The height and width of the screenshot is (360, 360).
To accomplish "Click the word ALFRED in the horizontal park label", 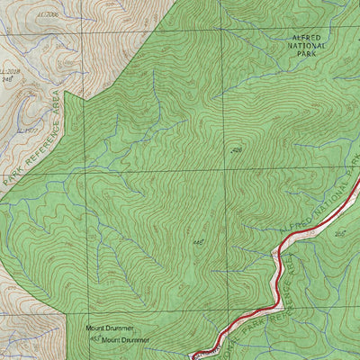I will click(306, 38).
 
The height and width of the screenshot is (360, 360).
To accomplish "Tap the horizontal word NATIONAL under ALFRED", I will click(306, 46).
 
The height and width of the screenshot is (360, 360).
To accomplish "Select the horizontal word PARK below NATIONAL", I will click(306, 54).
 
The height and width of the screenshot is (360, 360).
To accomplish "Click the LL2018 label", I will click(10, 71).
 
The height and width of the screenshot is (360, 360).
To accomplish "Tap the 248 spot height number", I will click(11, 79).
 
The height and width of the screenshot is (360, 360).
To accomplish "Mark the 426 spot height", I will click(237, 150).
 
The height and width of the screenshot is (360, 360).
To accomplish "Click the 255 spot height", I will click(340, 234).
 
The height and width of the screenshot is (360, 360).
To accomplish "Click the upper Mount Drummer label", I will click(109, 329).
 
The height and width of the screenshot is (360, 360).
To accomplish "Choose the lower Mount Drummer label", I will click(125, 340).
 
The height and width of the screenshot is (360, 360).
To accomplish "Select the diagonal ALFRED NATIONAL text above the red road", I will click(310, 212).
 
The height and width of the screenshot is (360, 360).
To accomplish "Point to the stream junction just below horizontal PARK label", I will click(301, 67).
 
